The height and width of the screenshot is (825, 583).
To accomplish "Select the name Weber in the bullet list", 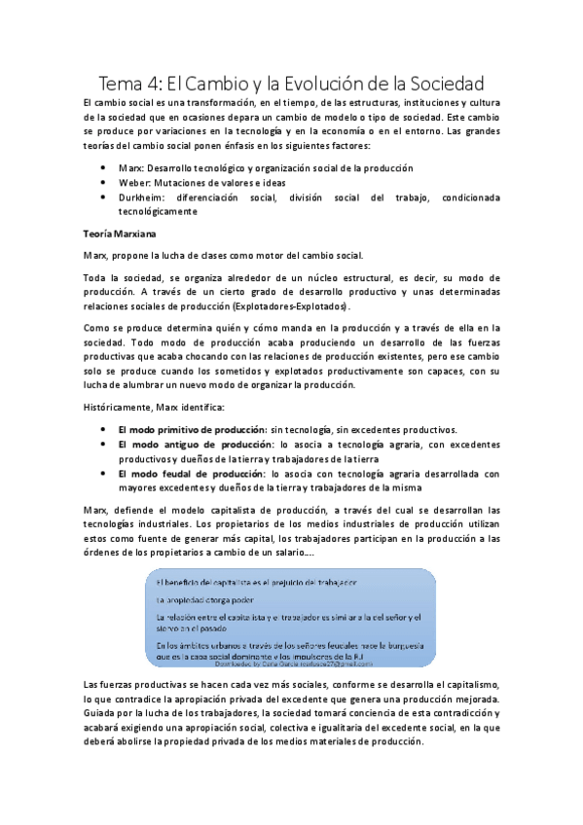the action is (132, 183).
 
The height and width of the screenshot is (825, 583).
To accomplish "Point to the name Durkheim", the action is (139, 197).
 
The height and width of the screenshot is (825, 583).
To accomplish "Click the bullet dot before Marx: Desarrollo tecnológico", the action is (104, 168).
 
